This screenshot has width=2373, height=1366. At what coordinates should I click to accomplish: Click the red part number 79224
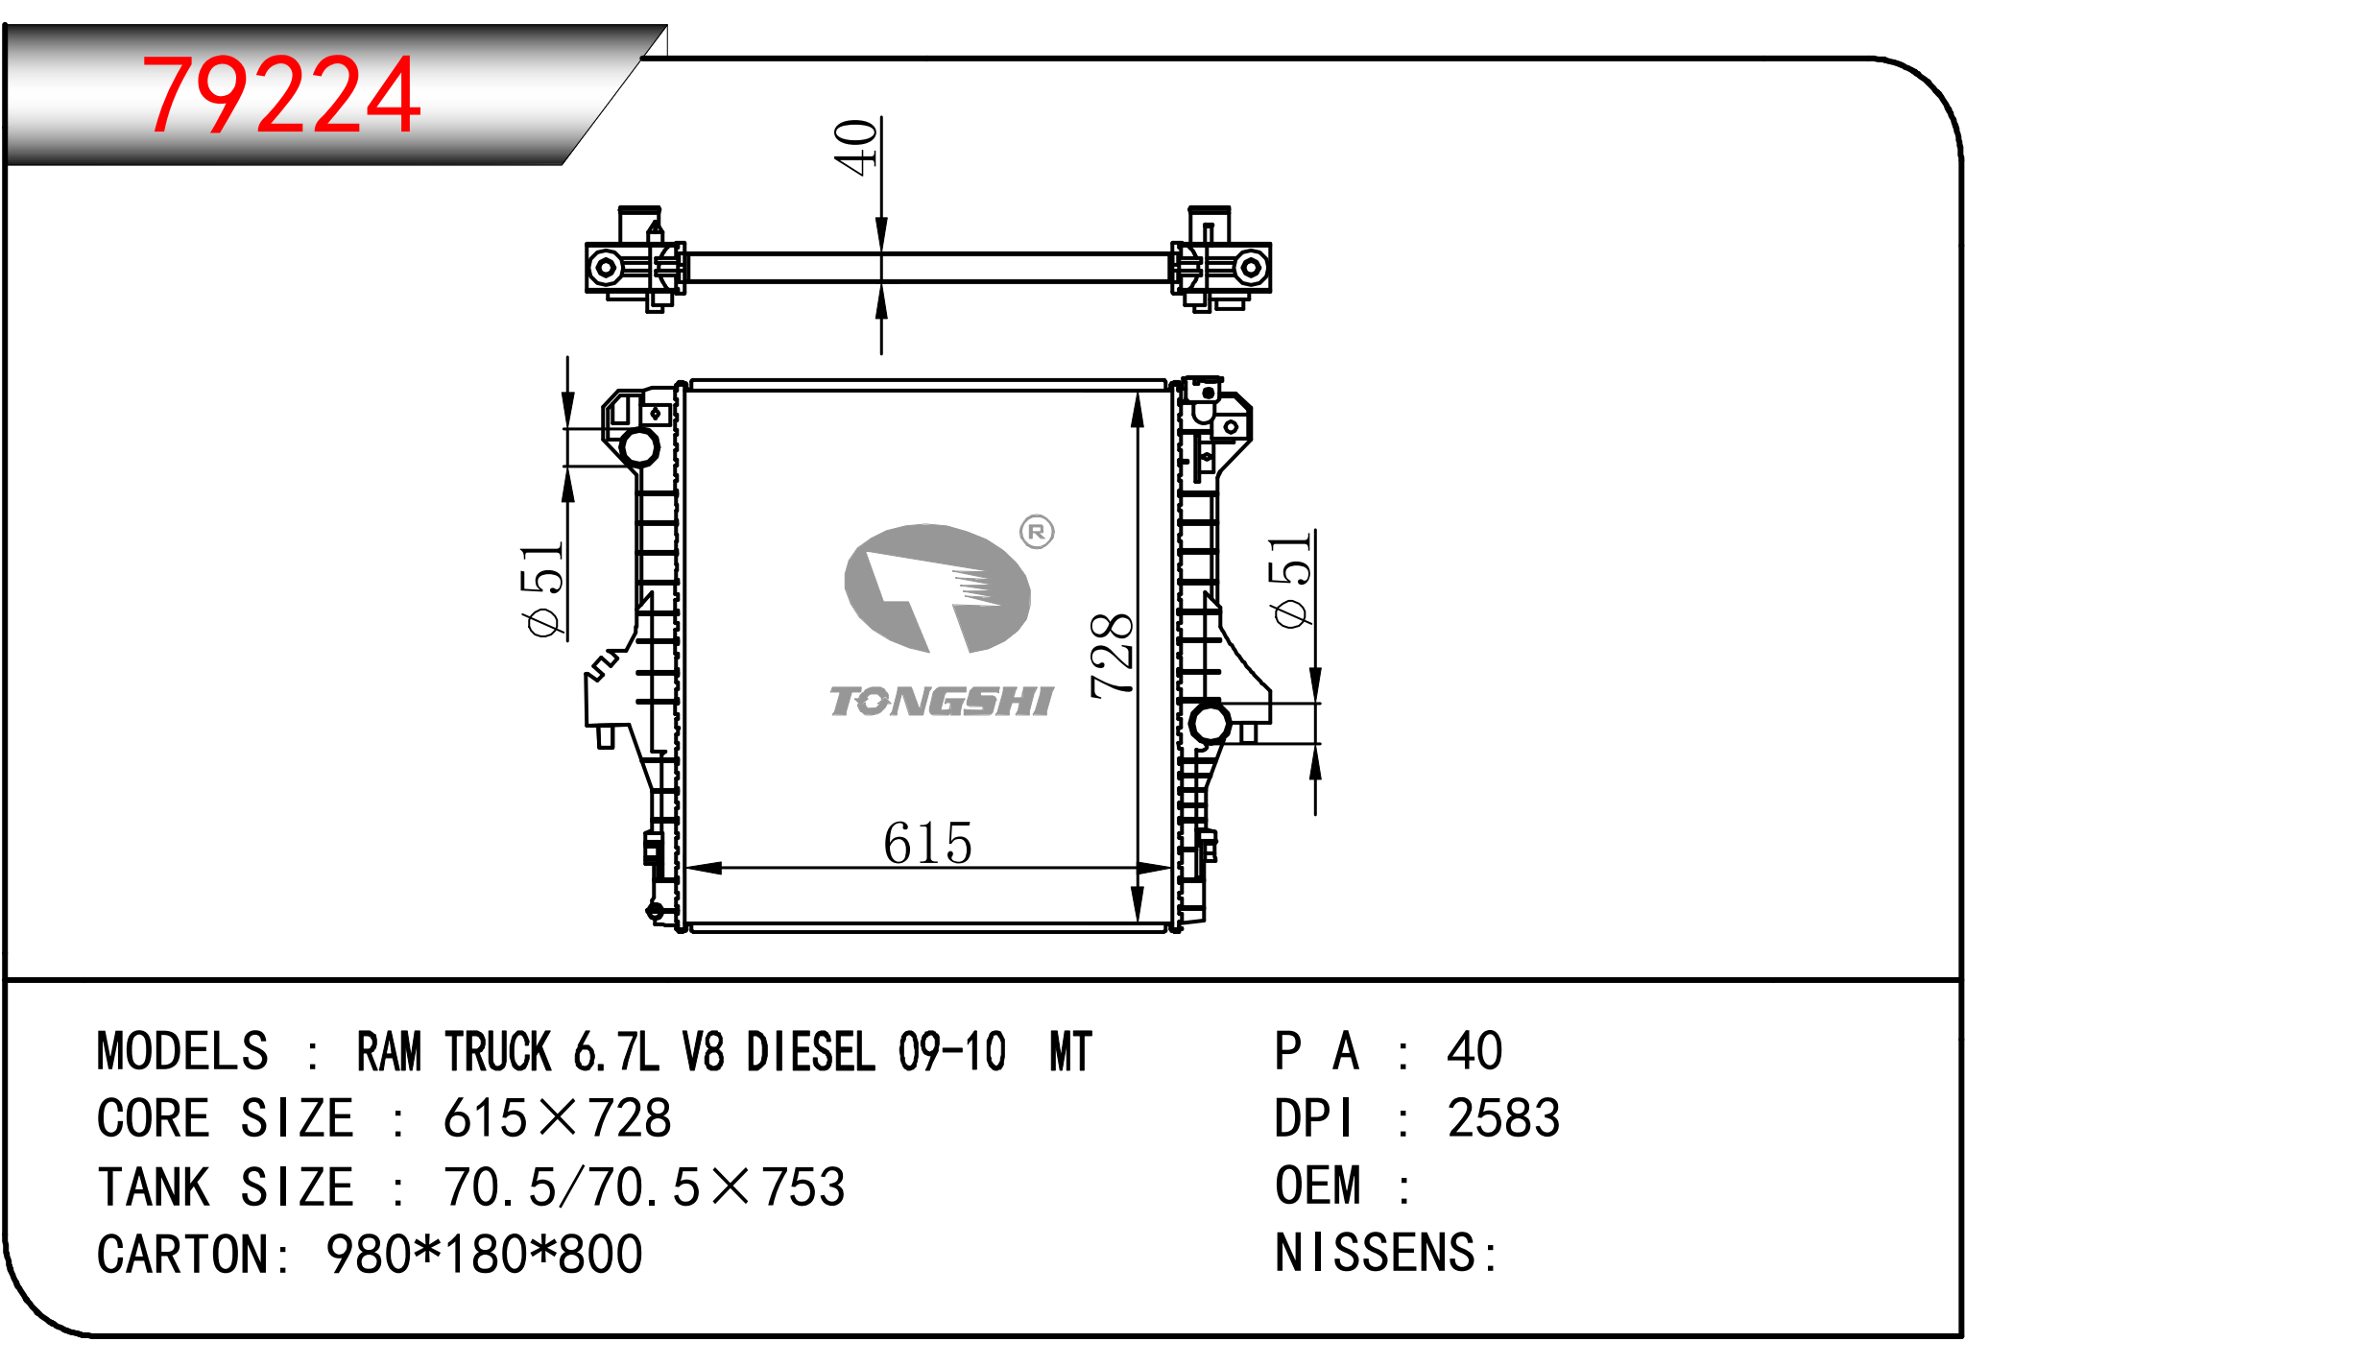[280, 95]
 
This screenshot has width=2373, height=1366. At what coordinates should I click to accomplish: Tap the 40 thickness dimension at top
[855, 147]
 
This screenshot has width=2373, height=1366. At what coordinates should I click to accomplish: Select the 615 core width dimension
[927, 844]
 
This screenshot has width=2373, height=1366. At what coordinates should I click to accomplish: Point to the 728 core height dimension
[1113, 655]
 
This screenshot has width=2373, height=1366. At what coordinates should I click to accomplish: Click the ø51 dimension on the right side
[1290, 582]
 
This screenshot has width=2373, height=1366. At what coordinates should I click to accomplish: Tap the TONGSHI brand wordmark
[941, 702]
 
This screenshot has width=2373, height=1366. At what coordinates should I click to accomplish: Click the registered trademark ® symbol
[1037, 532]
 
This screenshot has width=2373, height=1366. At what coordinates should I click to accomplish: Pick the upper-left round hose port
[639, 446]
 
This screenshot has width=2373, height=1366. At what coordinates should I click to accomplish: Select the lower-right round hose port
[1209, 723]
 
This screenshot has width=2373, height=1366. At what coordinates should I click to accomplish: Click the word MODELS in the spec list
[182, 1051]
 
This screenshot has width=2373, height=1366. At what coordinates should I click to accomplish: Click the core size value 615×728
[557, 1118]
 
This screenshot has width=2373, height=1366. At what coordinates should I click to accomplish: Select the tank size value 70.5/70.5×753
[644, 1187]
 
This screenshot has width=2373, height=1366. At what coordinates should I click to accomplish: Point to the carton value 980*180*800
[484, 1255]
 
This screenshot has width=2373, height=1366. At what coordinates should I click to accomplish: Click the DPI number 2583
[1503, 1118]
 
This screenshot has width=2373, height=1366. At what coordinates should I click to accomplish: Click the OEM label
[1318, 1186]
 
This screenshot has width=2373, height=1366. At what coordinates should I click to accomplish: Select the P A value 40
[1474, 1051]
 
